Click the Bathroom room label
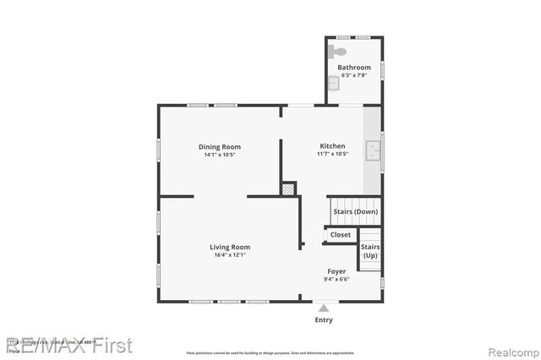click(x=354, y=68)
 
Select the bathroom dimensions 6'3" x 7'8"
click(x=354, y=76)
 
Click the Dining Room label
click(x=220, y=147)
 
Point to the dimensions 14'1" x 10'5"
click(x=220, y=155)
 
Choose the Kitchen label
click(x=332, y=145)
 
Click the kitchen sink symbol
click(x=373, y=151)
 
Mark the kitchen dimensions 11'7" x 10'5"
click(x=332, y=154)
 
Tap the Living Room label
click(x=230, y=247)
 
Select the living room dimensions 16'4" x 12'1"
click(x=230, y=255)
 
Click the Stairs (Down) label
click(x=355, y=211)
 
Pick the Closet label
click(x=341, y=235)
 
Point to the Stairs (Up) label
click(x=370, y=251)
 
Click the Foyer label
click(x=336, y=271)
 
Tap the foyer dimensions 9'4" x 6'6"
click(x=336, y=279)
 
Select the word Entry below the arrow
click(x=324, y=320)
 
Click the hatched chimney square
click(x=289, y=189)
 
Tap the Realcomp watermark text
click(x=505, y=346)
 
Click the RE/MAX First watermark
click(x=69, y=345)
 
